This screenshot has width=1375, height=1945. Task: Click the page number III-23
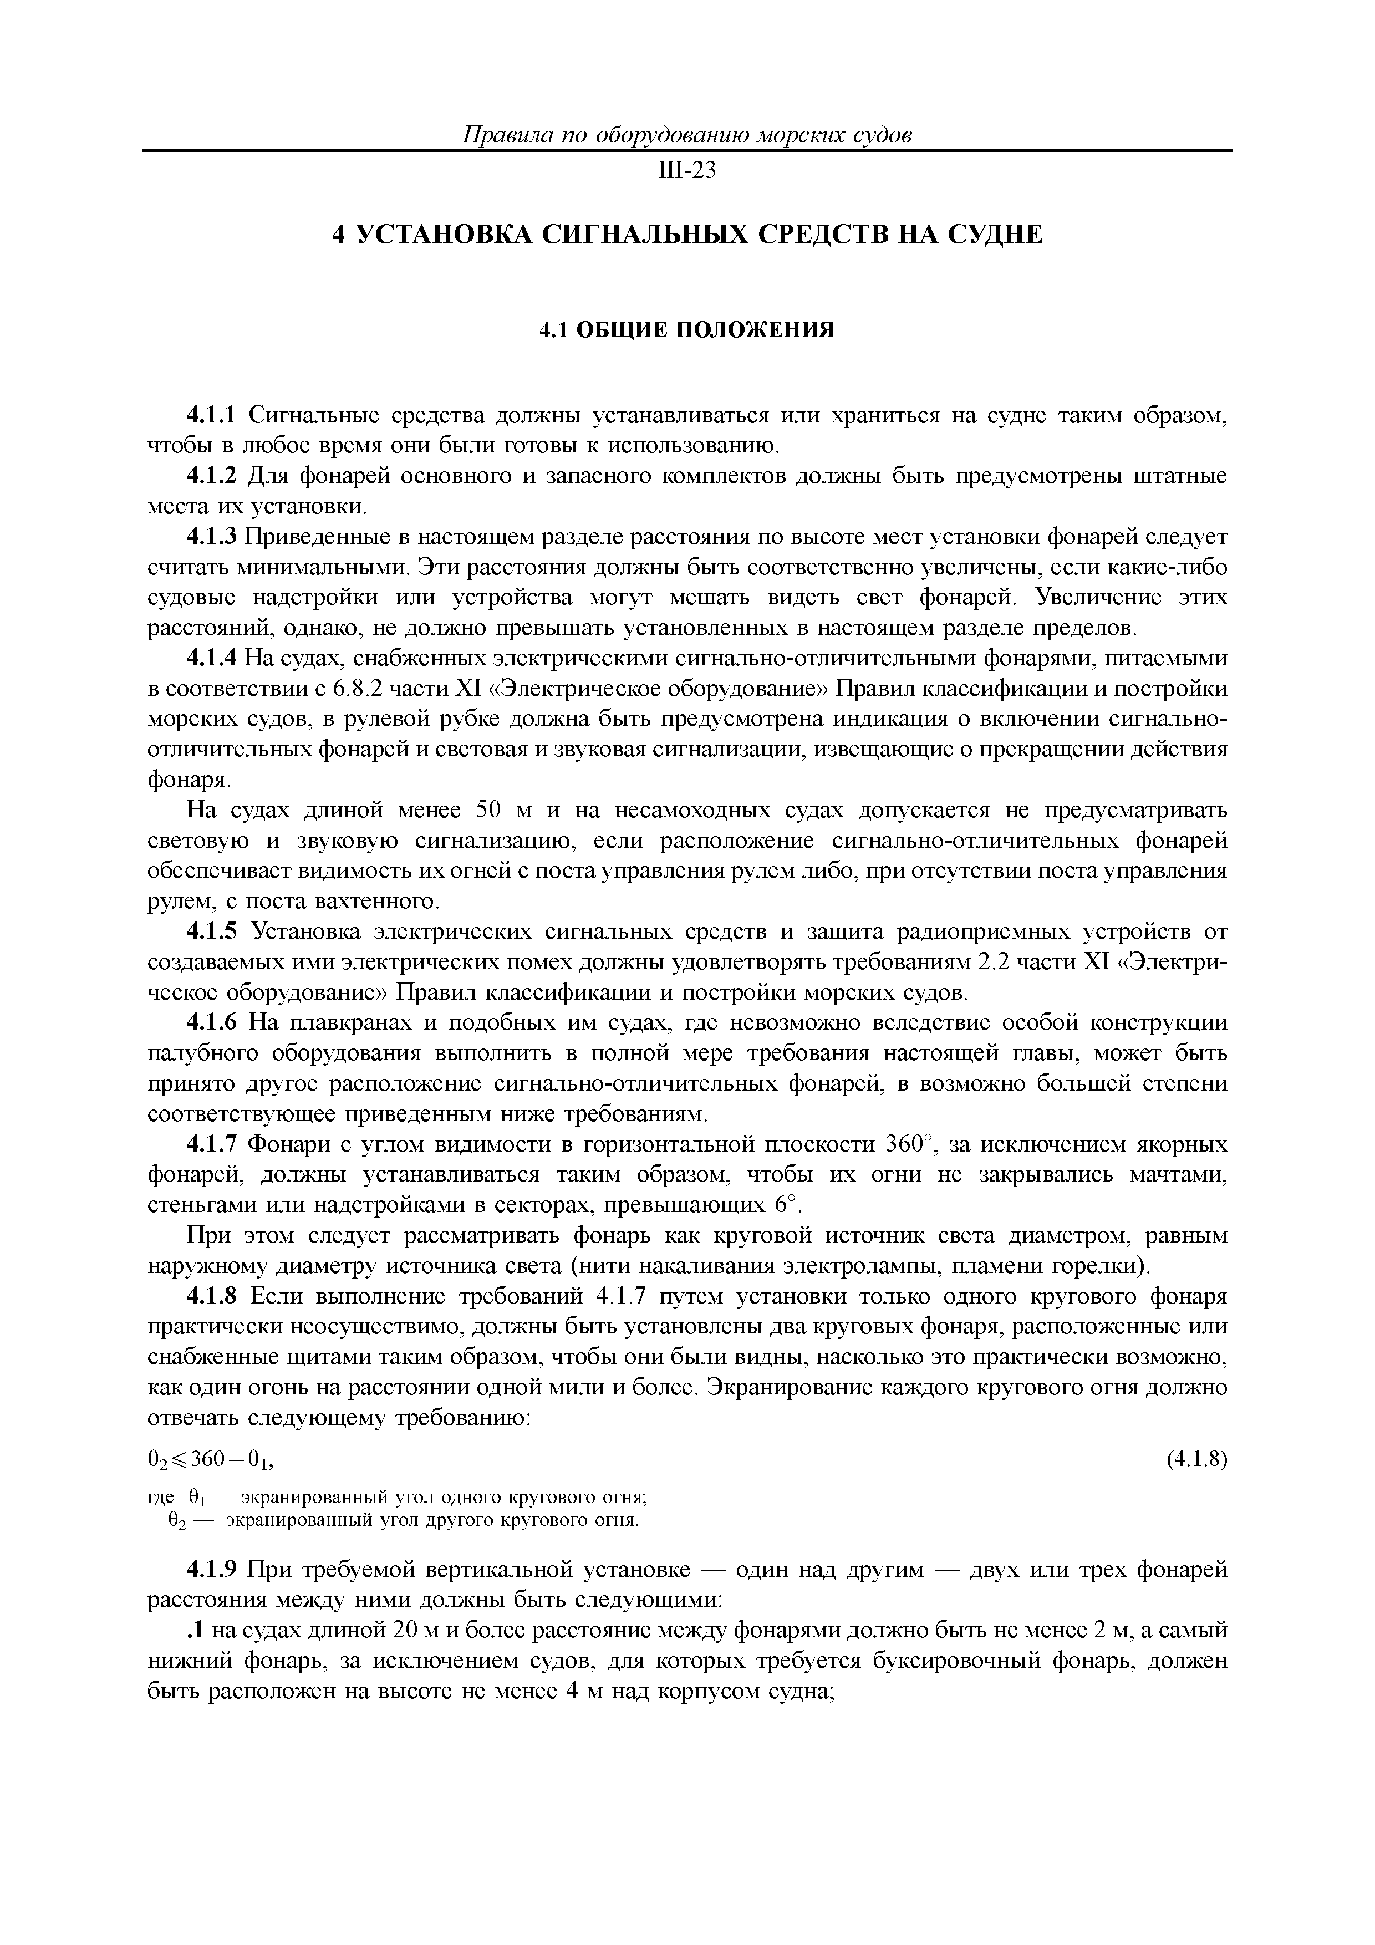[x=687, y=172]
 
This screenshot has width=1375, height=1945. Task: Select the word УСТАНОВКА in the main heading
[x=441, y=235]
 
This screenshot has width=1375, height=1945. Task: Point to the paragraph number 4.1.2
[x=213, y=477]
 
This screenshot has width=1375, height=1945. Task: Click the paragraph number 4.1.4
[x=213, y=659]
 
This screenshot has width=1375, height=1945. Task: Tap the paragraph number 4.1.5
[x=213, y=933]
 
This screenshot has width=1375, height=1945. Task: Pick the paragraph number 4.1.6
[x=213, y=1024]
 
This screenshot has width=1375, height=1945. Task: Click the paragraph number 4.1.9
[x=213, y=1570]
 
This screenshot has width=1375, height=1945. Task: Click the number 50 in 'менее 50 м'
[x=491, y=811]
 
